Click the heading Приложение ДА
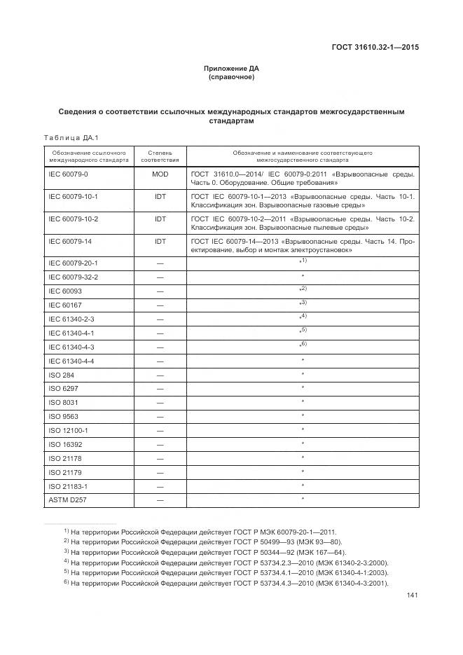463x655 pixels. pyautogui.click(x=231, y=69)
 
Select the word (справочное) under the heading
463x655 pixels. pyautogui.click(x=231, y=77)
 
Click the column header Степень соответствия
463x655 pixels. pyautogui.click(x=160, y=156)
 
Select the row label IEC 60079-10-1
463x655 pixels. pyautogui.click(x=73, y=197)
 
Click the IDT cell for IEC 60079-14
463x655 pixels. pyautogui.click(x=160, y=241)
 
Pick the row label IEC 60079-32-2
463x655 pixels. pyautogui.click(x=73, y=277)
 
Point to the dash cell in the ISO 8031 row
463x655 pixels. pyautogui.click(x=160, y=402)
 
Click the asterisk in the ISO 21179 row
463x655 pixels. pyautogui.click(x=302, y=471)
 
